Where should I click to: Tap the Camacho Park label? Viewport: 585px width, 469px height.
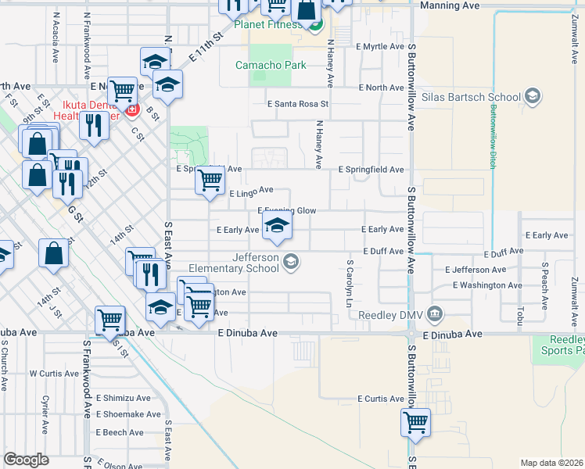(x=271, y=65)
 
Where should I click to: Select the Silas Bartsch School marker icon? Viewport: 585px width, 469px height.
(x=533, y=97)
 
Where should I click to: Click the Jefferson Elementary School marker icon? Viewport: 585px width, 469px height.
(x=291, y=260)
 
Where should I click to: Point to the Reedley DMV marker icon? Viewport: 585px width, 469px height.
(x=436, y=315)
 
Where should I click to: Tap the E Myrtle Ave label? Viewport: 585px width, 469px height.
(x=380, y=47)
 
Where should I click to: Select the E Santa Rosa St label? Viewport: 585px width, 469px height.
(x=298, y=103)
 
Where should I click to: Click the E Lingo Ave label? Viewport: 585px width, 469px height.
(x=250, y=190)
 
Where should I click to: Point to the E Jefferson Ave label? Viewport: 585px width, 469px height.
(x=477, y=270)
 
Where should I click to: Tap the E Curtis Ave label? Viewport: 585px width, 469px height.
(x=380, y=399)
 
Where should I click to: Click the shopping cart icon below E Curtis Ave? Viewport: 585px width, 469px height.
(x=416, y=423)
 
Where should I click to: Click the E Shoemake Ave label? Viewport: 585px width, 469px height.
(x=129, y=414)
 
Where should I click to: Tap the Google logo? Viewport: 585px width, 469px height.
(x=26, y=460)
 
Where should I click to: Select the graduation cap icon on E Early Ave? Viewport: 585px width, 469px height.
(x=275, y=227)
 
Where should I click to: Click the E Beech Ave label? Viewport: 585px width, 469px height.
(x=120, y=432)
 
